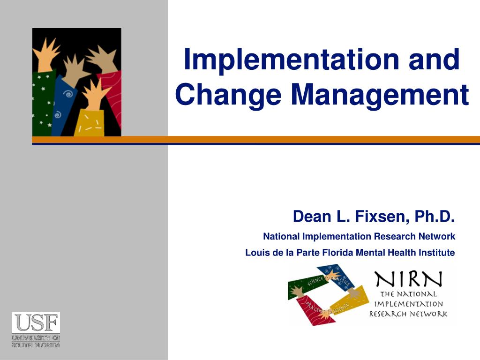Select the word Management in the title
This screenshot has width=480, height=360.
[380, 94]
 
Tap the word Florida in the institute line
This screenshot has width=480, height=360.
[338, 253]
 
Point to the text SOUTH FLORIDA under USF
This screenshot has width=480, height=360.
[36, 345]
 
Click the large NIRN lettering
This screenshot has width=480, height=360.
[408, 280]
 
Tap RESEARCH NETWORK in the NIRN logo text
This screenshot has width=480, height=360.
[408, 314]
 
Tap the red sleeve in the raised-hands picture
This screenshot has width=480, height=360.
[112, 98]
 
